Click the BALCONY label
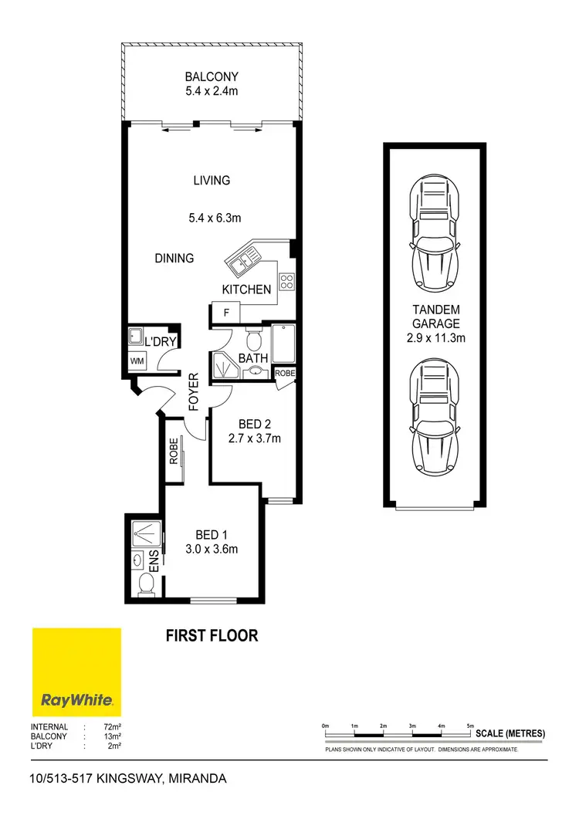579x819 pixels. tap(212, 76)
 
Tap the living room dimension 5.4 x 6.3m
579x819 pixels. tap(212, 218)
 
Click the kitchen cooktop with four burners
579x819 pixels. tap(286, 283)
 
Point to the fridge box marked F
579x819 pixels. tap(226, 313)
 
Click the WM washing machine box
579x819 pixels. tap(137, 360)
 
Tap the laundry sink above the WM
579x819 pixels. tap(135, 337)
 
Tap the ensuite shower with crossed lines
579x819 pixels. tap(143, 532)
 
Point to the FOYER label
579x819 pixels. tap(194, 392)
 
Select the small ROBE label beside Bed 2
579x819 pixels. tap(284, 374)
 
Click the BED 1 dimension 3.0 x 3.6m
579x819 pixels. tap(212, 550)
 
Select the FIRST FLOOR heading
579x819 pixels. tap(212, 636)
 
